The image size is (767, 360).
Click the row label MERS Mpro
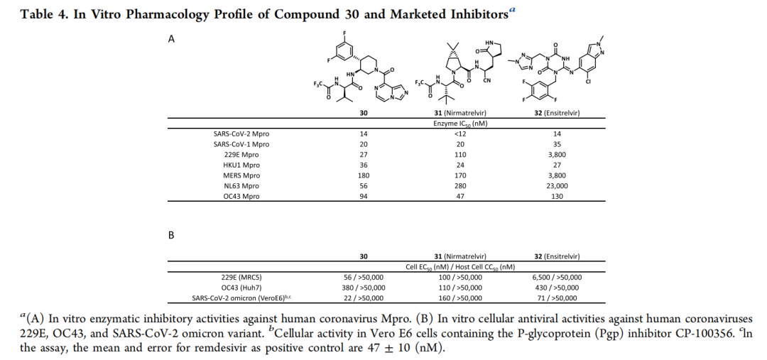point(241,175)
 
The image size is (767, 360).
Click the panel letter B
point(171,235)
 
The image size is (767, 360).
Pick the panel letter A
point(171,39)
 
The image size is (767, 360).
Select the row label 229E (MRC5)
point(241,278)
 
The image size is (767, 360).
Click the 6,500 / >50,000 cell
point(557,278)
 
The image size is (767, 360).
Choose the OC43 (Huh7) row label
point(241,288)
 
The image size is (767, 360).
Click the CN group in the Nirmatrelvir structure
point(487,80)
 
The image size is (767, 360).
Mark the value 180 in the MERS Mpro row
point(362,175)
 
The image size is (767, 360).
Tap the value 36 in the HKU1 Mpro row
point(362,165)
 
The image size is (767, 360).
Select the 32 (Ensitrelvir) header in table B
point(557,256)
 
